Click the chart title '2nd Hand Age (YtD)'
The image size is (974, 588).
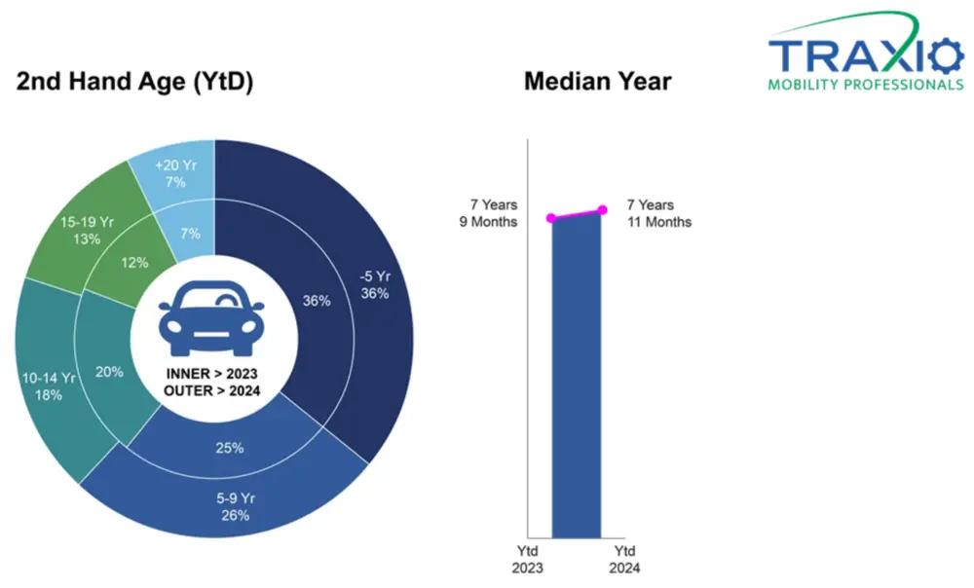click(134, 83)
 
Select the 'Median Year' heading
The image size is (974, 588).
click(597, 81)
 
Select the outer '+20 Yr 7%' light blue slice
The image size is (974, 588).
click(175, 173)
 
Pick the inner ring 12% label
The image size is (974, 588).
click(135, 262)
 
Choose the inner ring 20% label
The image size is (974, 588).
click(108, 371)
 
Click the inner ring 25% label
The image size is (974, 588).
click(230, 449)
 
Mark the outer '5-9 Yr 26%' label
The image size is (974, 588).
click(235, 506)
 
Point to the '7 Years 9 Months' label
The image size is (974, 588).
click(492, 213)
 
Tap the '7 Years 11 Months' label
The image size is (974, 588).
click(658, 213)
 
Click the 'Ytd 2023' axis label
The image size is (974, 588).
click(527, 560)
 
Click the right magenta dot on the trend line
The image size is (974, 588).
click(602, 209)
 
